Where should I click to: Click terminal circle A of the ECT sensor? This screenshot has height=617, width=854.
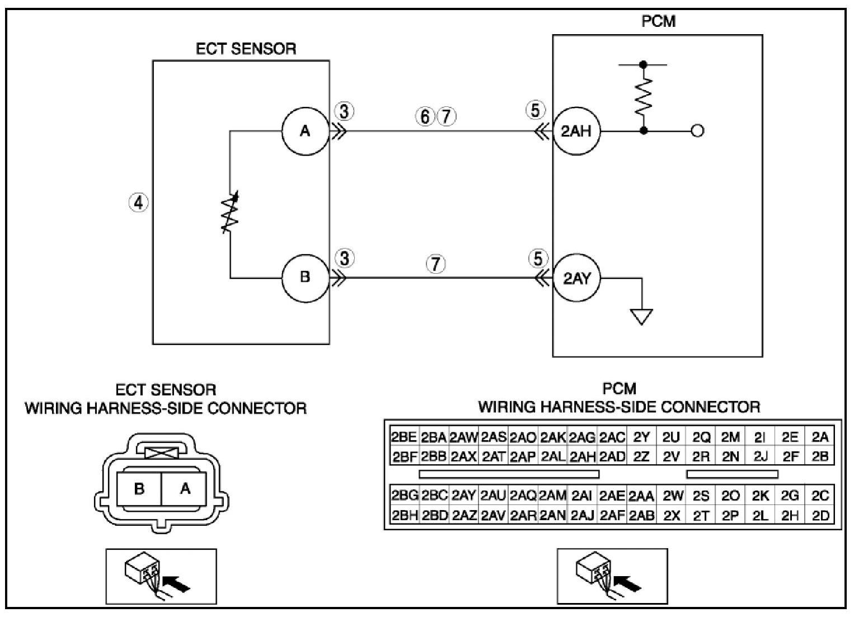click(x=306, y=131)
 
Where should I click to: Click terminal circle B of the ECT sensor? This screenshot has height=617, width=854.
click(x=306, y=278)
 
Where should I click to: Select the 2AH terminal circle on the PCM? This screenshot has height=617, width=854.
click(x=577, y=131)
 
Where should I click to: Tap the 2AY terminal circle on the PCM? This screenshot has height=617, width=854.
click(x=577, y=278)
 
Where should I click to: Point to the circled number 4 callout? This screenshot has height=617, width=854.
click(x=139, y=202)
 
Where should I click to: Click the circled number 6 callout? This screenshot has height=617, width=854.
click(x=425, y=116)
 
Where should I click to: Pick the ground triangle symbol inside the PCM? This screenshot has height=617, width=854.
click(x=642, y=316)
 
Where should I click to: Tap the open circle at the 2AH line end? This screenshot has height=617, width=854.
click(x=697, y=131)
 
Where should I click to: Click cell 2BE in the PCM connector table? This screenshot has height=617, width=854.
click(x=404, y=437)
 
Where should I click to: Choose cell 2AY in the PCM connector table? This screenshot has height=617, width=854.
click(x=463, y=496)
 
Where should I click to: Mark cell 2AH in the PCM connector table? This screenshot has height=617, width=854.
click(x=583, y=456)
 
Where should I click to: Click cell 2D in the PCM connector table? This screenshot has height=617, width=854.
click(x=820, y=516)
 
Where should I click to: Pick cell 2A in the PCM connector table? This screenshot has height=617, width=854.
click(x=820, y=437)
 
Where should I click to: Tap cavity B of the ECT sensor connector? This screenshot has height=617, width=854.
click(x=139, y=489)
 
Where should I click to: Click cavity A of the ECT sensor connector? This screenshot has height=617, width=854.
click(x=184, y=489)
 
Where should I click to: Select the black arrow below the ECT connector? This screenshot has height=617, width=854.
click(x=176, y=584)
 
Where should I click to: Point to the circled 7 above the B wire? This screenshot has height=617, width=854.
click(x=435, y=264)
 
